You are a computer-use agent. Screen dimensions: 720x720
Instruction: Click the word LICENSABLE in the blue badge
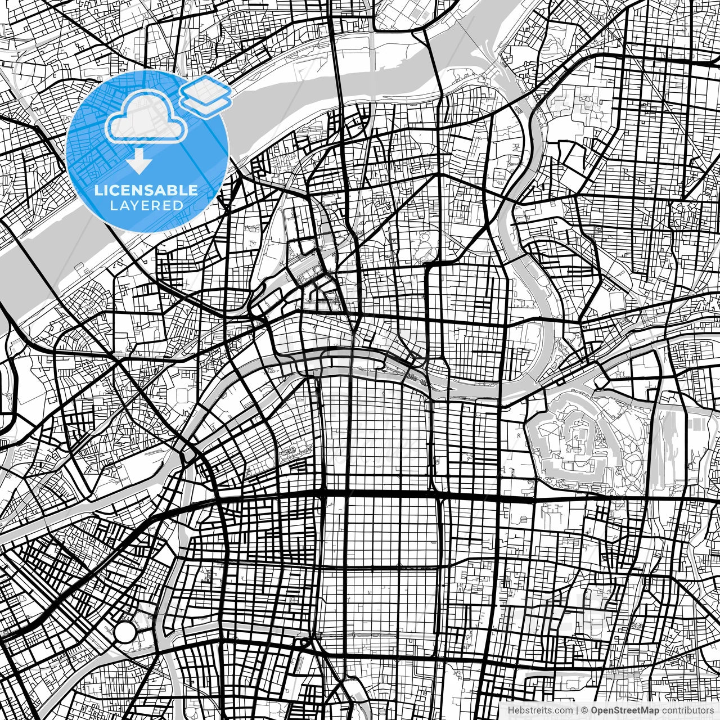pyautogui.click(x=146, y=190)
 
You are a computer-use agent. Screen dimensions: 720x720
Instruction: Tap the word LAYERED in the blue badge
pyautogui.click(x=146, y=206)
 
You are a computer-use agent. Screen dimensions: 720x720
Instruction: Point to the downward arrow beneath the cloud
pyautogui.click(x=138, y=163)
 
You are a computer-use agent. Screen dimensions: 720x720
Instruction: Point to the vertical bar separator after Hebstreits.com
pyautogui.click(x=577, y=710)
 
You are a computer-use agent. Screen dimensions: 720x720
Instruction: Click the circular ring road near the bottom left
pyautogui.click(x=125, y=632)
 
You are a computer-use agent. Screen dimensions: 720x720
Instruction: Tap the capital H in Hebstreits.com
pyautogui.click(x=511, y=710)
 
